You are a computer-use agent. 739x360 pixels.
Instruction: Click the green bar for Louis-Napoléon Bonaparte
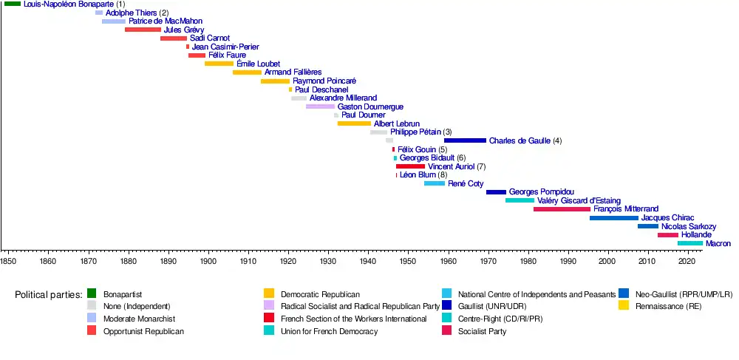13,4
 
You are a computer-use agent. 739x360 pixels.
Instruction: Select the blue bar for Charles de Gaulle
465,140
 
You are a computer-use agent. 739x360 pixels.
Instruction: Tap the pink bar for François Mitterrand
562,209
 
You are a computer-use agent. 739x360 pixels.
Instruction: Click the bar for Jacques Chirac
613,218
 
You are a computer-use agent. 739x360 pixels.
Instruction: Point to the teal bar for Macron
690,243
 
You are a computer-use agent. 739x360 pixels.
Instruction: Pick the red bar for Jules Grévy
143,30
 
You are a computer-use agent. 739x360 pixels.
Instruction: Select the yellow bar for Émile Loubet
219,64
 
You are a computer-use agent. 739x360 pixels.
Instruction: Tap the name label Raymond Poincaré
324,81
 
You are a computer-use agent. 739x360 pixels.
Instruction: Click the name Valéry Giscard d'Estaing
579,201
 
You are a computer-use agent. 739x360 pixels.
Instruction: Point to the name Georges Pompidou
542,192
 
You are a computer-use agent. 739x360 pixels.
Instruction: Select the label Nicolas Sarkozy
689,226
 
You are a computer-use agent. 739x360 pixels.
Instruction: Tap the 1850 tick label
8,261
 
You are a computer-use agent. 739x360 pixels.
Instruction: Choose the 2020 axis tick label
688,261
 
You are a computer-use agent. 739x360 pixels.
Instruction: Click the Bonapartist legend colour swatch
92,293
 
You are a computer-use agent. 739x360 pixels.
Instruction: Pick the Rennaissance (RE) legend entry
668,306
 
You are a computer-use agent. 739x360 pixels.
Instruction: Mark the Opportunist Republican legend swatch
92,331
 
